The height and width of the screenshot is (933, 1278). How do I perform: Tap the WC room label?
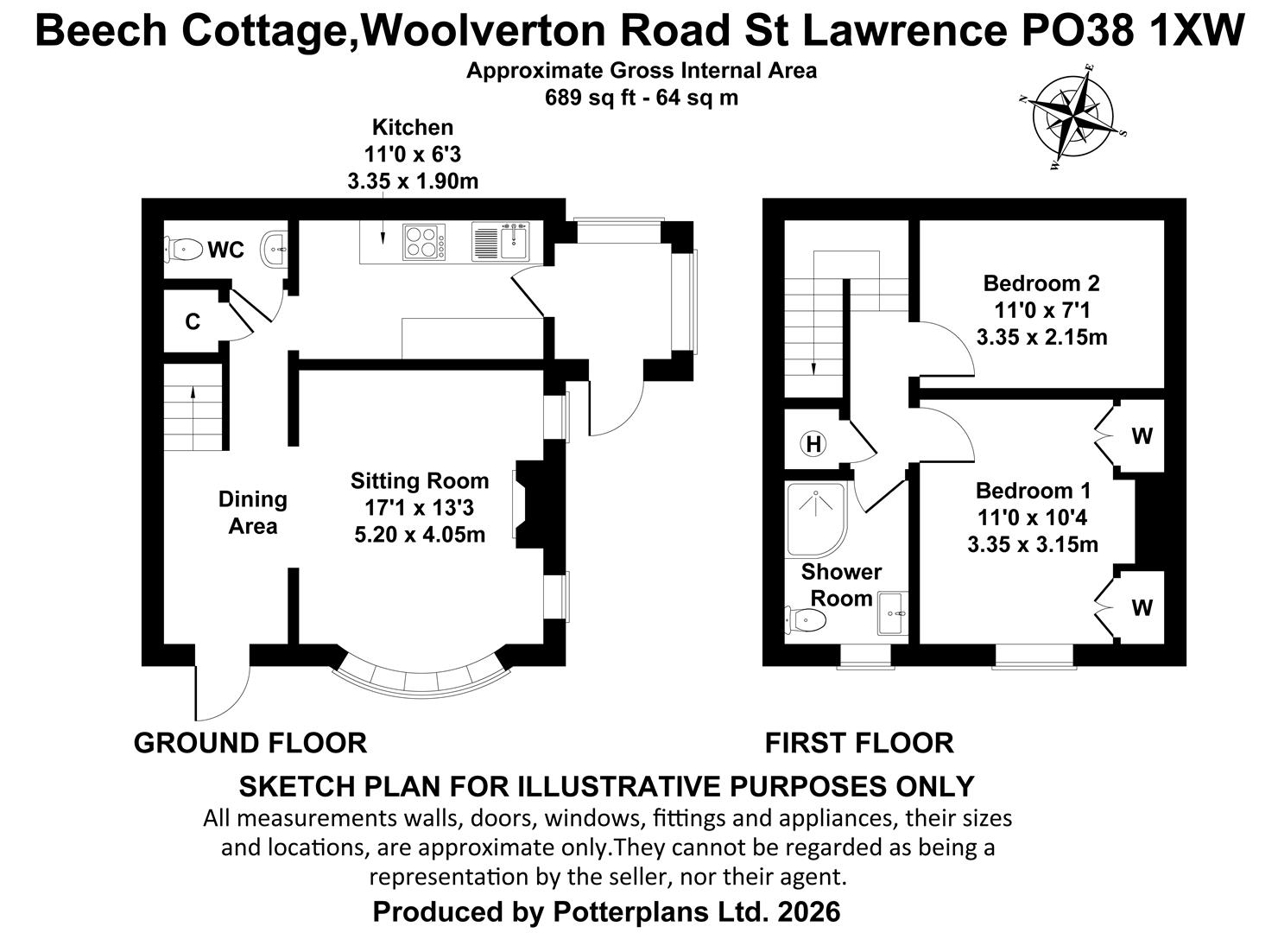[x=226, y=250]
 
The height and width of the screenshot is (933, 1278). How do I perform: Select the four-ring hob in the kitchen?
[x=424, y=242]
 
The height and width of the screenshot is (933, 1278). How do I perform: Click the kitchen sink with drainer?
[x=500, y=241]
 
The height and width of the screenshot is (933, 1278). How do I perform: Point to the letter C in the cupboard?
[x=193, y=322]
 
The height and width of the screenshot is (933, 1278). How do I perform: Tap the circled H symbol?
[x=813, y=443]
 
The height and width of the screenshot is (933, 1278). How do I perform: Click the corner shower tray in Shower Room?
[x=816, y=519]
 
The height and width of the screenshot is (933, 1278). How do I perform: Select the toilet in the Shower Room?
[x=806, y=619]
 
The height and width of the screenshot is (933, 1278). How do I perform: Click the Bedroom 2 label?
[x=1041, y=283]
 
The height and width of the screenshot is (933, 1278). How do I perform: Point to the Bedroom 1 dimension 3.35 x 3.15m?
[x=1033, y=544]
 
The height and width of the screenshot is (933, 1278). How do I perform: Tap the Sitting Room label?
[x=420, y=481]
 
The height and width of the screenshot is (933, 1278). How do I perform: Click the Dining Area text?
[x=253, y=512]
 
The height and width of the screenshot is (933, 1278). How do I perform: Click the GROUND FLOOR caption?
[x=250, y=743]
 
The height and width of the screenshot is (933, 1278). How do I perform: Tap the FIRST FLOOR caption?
[x=859, y=743]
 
